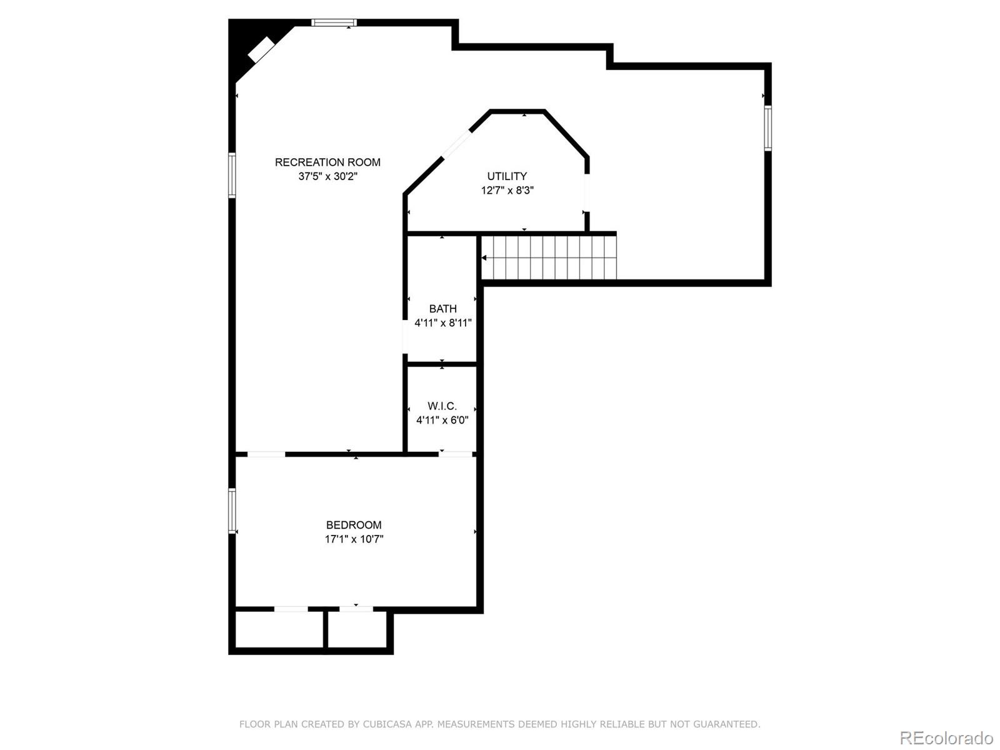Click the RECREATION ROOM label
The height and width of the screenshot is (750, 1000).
tap(327, 162)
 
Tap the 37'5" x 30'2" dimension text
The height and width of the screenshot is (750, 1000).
tap(327, 177)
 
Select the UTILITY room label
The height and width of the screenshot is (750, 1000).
tap(507, 176)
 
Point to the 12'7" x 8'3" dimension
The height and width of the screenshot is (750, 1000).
tap(507, 191)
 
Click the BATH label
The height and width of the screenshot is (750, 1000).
tap(442, 309)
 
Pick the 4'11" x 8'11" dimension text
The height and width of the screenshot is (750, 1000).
tap(442, 323)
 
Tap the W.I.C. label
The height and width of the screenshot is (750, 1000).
tap(442, 406)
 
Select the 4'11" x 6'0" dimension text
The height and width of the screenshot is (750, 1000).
tap(442, 421)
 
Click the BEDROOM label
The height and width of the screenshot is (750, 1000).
tap(354, 525)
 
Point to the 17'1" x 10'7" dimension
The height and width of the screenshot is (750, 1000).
tap(354, 539)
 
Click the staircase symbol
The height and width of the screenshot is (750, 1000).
tap(549, 257)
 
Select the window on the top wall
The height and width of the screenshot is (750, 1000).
tap(334, 23)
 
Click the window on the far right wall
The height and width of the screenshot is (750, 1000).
tap(768, 128)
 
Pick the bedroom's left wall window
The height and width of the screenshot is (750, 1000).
tap(232, 511)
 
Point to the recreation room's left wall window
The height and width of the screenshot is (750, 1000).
tap(232, 176)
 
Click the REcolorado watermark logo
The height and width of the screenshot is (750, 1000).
tap(946, 738)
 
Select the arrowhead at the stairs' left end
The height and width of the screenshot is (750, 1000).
tap(484, 257)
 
